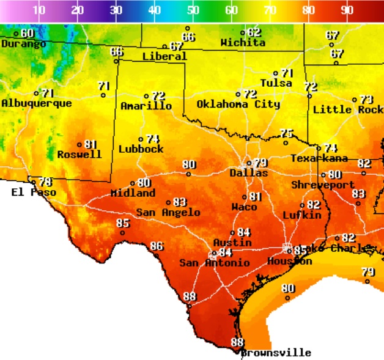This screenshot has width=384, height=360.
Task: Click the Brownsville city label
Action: click(x=276, y=353)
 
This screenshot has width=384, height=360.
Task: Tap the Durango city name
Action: click(x=23, y=44)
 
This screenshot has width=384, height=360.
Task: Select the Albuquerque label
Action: click(x=36, y=103)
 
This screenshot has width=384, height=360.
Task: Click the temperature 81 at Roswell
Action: click(x=90, y=144)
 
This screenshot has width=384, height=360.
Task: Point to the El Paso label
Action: click(x=34, y=192)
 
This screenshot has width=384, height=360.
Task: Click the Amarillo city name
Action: click(x=146, y=106)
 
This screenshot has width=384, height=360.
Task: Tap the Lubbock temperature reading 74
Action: click(x=152, y=139)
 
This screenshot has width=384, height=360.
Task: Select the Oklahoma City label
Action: click(x=238, y=104)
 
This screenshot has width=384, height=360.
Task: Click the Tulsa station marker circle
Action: click(x=276, y=73)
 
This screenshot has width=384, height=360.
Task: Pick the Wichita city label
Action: click(x=243, y=43)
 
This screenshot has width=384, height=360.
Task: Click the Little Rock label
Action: click(x=348, y=109)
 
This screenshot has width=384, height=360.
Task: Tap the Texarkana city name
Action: click(x=319, y=158)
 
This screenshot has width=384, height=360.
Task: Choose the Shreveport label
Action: click(x=322, y=185)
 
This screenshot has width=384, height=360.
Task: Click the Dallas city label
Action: click(x=248, y=173)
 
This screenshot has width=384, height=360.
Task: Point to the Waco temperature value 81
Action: click(x=255, y=196)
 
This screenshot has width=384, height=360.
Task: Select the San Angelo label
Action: click(x=168, y=212)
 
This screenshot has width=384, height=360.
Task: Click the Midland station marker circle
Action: click(x=133, y=183)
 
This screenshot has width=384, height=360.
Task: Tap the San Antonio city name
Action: click(x=214, y=263)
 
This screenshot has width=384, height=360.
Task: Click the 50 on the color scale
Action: click(x=193, y=10)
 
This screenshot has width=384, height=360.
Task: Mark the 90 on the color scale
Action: click(x=347, y=10)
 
